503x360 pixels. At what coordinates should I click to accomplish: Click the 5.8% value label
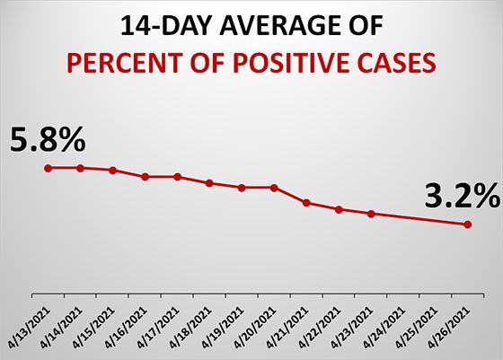tap(49, 140)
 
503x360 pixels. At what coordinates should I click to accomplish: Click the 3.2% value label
tap(452, 194)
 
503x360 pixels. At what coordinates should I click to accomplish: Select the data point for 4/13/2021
tap(49, 168)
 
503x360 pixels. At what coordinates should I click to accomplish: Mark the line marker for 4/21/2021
tap(306, 203)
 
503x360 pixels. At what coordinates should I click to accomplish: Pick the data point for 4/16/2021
tap(145, 177)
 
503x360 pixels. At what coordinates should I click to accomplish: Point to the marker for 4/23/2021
tap(371, 214)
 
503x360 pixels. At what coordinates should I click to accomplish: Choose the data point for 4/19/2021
tap(242, 188)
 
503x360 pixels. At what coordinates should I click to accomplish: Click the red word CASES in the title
tap(401, 64)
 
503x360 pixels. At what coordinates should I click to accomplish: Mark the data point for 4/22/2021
tap(339, 210)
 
